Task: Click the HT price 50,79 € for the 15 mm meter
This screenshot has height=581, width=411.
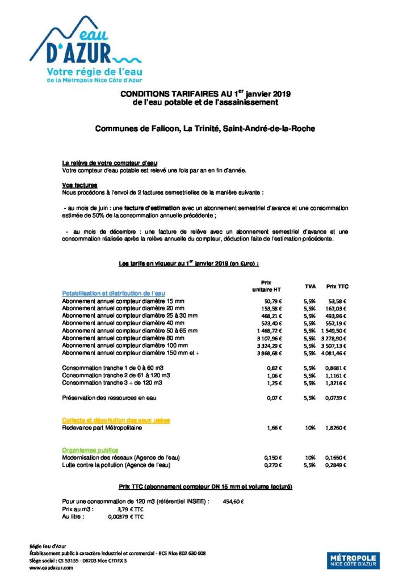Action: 274,301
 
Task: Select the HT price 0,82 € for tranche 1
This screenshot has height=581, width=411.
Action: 275,368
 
